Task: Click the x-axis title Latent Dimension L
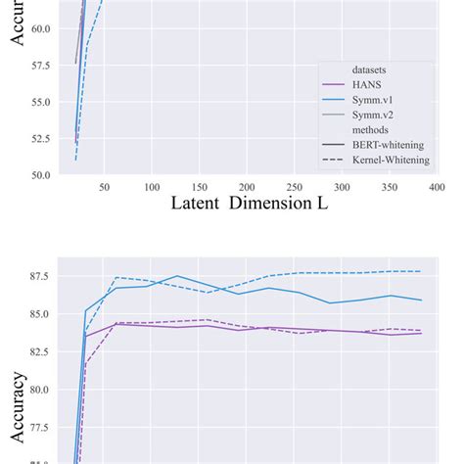[x=249, y=204]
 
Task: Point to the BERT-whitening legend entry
[x=392, y=145]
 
